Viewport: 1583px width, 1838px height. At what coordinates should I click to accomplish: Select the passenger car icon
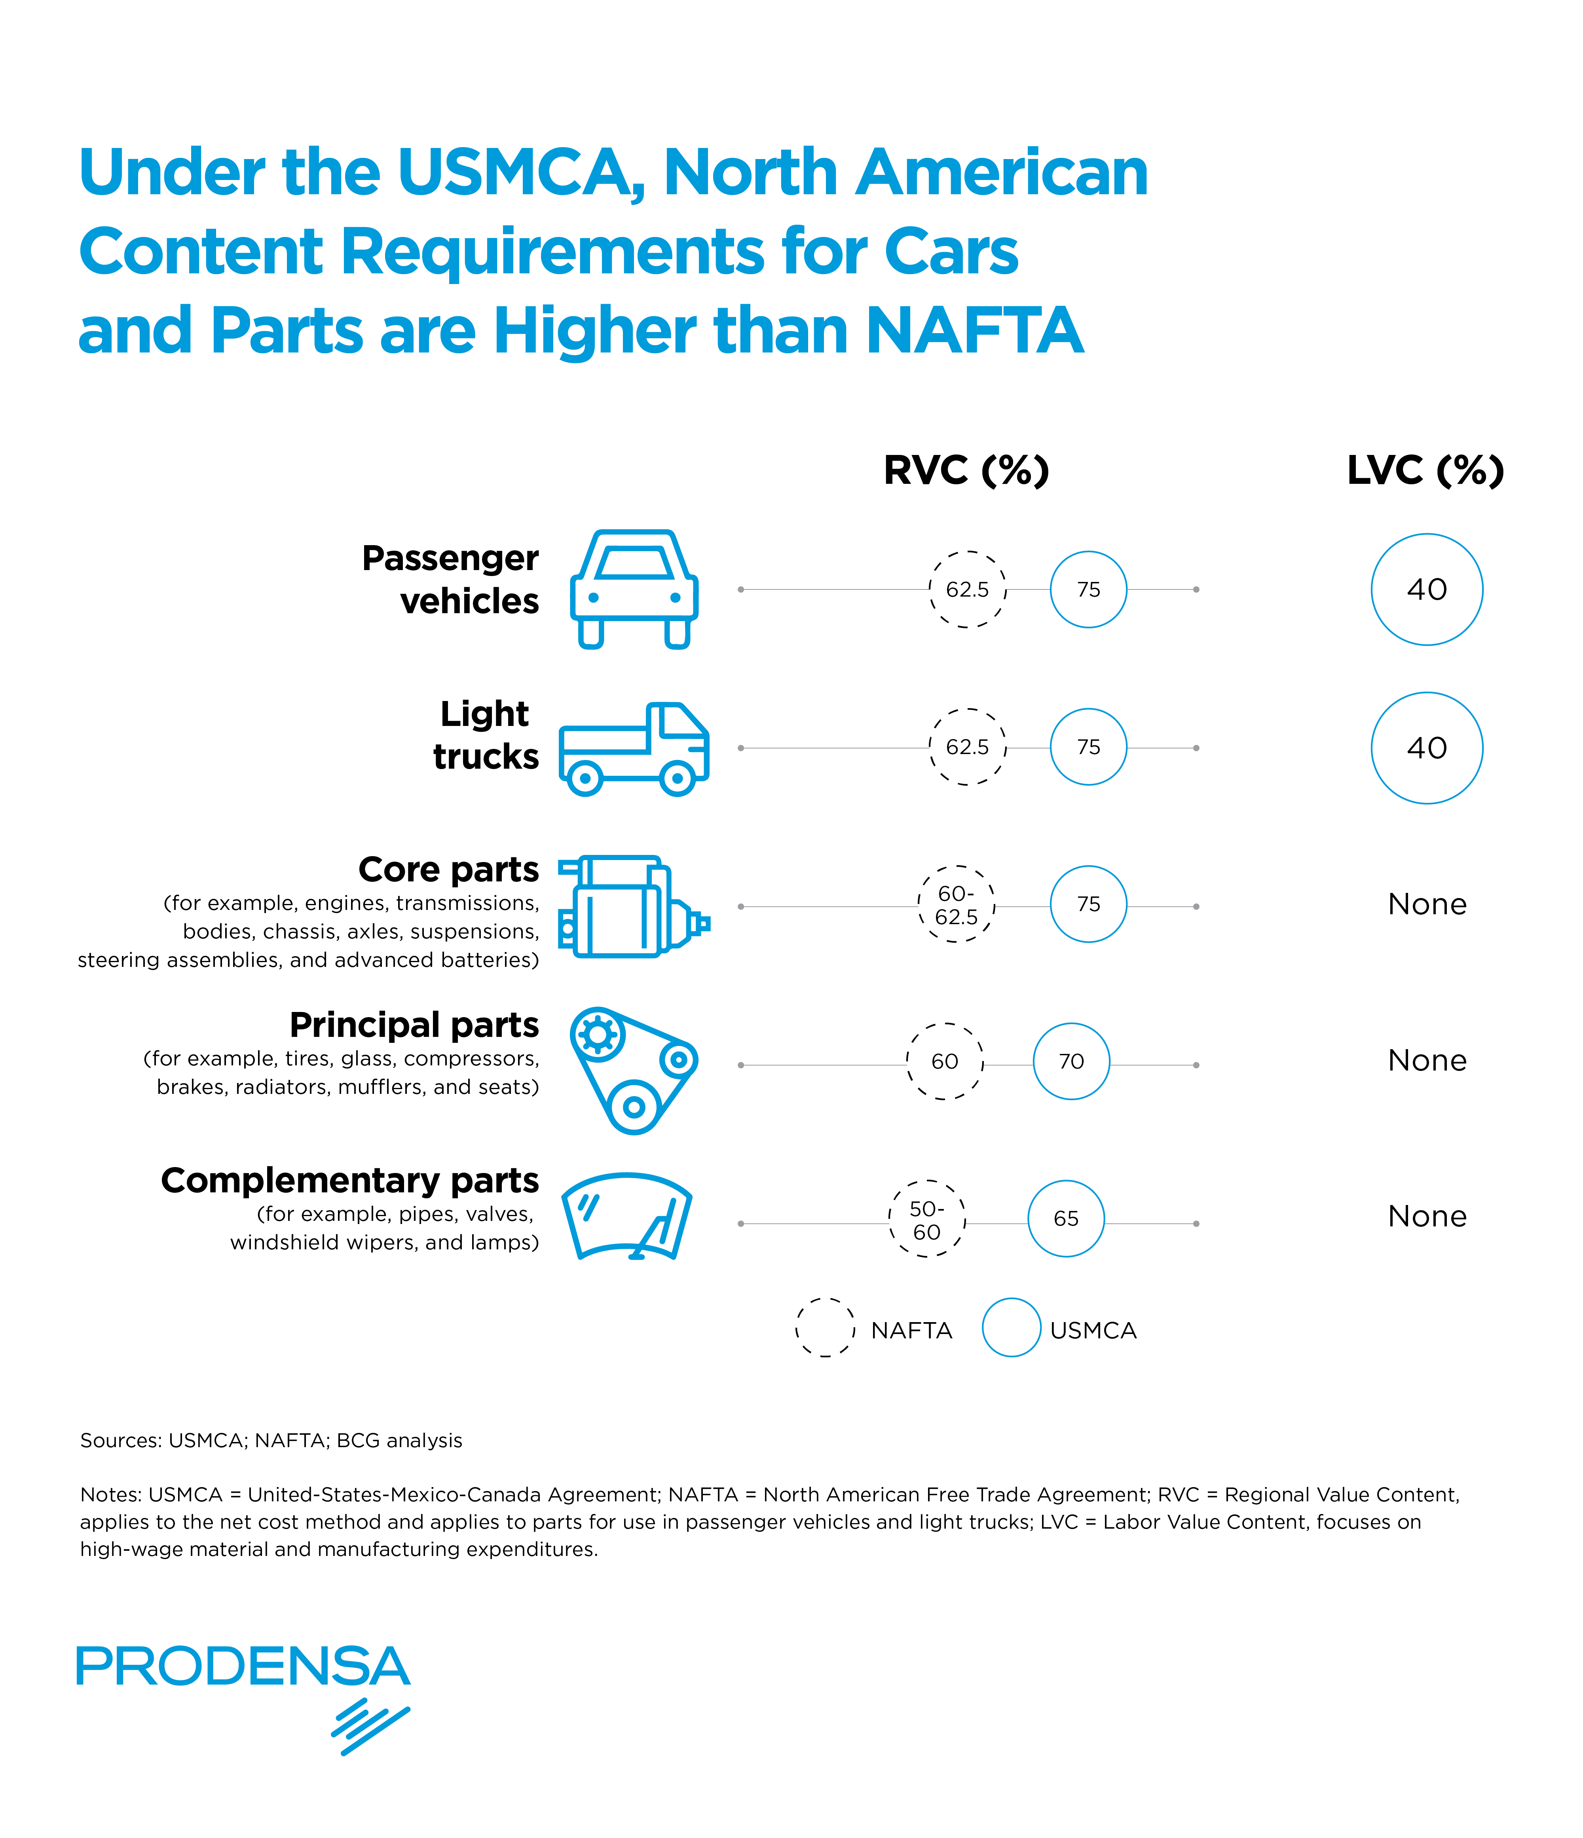pyautogui.click(x=634, y=589)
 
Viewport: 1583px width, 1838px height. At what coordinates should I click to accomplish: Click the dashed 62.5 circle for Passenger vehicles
pyautogui.click(x=967, y=589)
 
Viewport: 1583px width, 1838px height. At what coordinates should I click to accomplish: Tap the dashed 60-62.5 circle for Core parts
pyautogui.click(x=956, y=904)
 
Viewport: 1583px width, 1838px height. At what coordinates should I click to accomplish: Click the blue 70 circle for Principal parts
pyautogui.click(x=1071, y=1061)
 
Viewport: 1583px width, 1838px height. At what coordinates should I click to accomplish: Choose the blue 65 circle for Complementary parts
pyautogui.click(x=1066, y=1218)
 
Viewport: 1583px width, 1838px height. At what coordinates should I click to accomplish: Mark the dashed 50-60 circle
pyautogui.click(x=926, y=1219)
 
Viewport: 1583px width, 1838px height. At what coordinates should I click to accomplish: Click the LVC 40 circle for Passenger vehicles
pyautogui.click(x=1426, y=589)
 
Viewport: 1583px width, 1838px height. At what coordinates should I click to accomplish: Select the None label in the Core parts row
pyautogui.click(x=1426, y=904)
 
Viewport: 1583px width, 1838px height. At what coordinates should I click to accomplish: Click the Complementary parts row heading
pyautogui.click(x=349, y=1180)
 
